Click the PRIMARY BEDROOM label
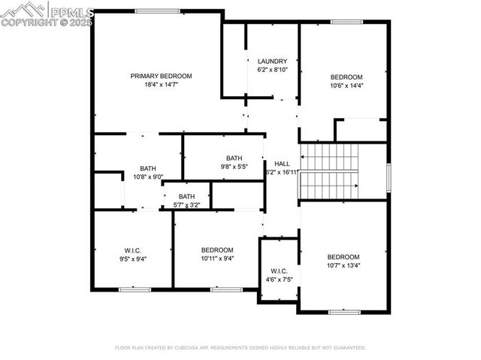[x=161, y=76]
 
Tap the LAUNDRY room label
[x=271, y=62]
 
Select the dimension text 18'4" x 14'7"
[x=161, y=85]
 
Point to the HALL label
[x=282, y=163]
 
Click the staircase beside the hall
[x=329, y=171]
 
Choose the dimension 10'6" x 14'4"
[x=346, y=86]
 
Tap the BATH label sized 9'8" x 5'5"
[x=234, y=158]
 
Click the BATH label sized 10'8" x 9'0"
[x=147, y=168]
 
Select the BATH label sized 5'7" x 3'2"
[x=186, y=196]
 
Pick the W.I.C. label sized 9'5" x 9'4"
[x=132, y=250]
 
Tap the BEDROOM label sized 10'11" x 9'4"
[x=217, y=250]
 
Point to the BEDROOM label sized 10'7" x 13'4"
[x=343, y=256]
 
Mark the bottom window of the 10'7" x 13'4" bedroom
[x=345, y=311]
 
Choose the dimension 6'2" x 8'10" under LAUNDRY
[x=271, y=70]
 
